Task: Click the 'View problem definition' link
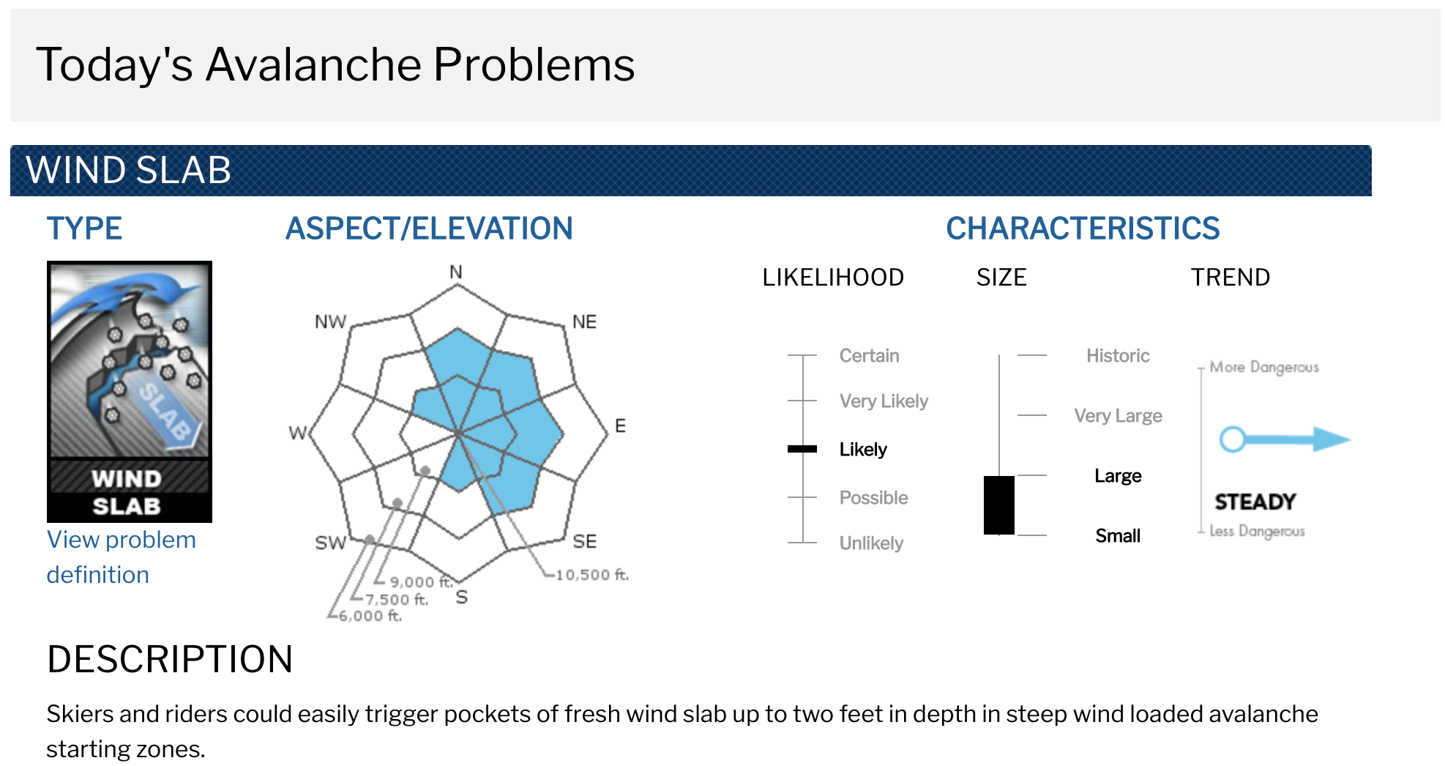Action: (x=121, y=557)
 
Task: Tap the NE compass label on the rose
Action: (x=584, y=322)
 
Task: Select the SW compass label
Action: (x=330, y=543)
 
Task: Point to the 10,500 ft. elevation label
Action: (x=592, y=575)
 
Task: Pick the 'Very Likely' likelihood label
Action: (x=884, y=401)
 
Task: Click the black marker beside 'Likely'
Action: (x=802, y=449)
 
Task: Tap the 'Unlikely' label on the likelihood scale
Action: (x=871, y=543)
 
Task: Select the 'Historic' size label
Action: (x=1118, y=356)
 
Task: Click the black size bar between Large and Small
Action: (x=999, y=505)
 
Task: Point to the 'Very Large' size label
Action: (x=1118, y=416)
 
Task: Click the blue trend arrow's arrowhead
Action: (x=1332, y=439)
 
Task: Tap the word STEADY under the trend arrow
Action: (x=1255, y=502)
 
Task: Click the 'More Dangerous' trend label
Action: (x=1264, y=367)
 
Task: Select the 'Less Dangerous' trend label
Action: (x=1257, y=531)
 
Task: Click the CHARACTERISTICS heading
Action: (x=1083, y=228)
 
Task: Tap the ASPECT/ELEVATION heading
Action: (x=429, y=228)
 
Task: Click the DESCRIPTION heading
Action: (x=170, y=659)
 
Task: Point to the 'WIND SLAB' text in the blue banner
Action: (x=129, y=170)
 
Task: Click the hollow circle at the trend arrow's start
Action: (x=1233, y=439)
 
